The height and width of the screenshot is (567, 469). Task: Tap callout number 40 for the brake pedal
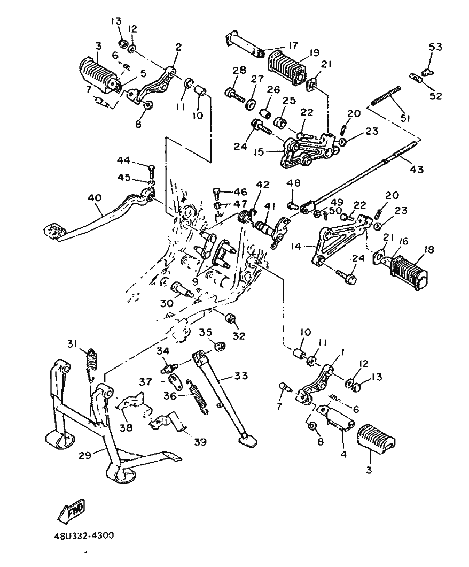click(94, 198)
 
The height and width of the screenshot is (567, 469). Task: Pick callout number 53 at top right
click(436, 47)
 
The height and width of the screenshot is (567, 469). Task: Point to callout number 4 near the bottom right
click(343, 455)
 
